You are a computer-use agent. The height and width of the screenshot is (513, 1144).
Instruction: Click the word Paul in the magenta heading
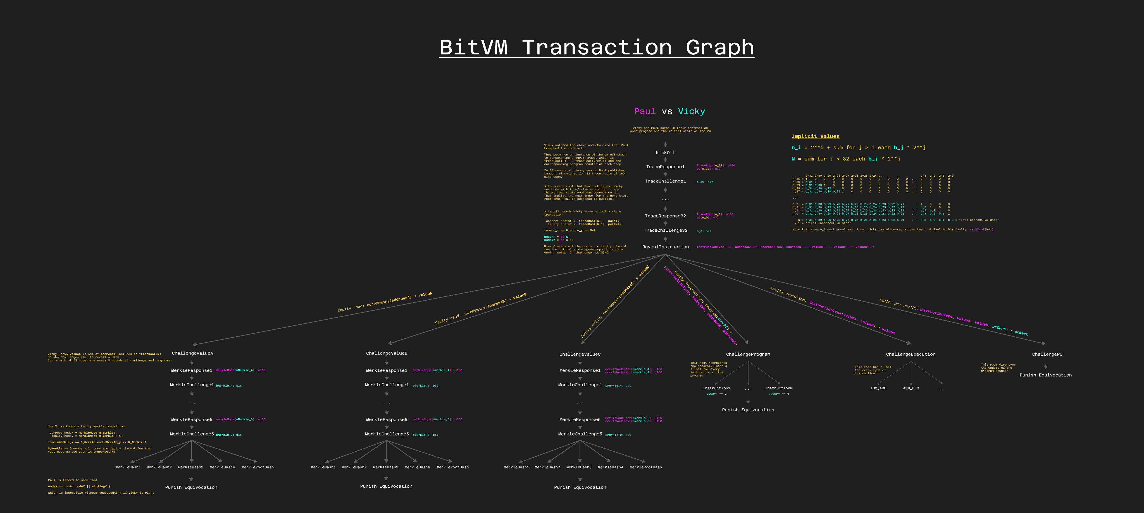coord(644,111)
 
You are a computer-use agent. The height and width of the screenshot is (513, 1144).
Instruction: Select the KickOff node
coord(665,153)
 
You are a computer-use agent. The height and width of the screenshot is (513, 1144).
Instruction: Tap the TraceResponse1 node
coord(665,167)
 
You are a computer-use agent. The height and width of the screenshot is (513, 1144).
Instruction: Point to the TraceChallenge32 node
coord(665,230)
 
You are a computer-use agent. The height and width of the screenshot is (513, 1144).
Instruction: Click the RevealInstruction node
coord(665,247)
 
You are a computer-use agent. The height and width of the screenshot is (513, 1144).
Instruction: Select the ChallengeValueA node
coord(192,353)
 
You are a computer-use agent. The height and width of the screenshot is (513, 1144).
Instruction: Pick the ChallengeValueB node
coord(386,353)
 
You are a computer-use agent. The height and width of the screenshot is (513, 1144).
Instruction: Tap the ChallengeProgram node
coord(748,354)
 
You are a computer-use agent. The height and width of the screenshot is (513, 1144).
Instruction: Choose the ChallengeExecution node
coord(911,354)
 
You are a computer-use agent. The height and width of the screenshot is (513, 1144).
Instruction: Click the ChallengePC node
coord(1047,354)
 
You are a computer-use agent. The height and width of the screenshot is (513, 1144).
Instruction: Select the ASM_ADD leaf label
coord(878,388)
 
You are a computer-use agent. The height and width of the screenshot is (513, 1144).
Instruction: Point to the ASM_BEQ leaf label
coord(911,388)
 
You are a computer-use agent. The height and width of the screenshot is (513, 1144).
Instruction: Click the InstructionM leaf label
coord(778,388)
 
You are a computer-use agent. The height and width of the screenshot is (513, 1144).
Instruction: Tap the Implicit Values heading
coord(815,136)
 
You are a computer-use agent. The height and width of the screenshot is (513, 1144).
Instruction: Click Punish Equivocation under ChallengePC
coord(1045,375)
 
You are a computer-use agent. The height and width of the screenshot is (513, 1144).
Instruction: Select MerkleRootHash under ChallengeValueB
coord(452,467)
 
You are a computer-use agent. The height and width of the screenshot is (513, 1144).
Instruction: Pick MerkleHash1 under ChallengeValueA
coord(128,467)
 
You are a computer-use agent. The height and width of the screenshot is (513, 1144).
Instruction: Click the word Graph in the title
coord(719,47)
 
